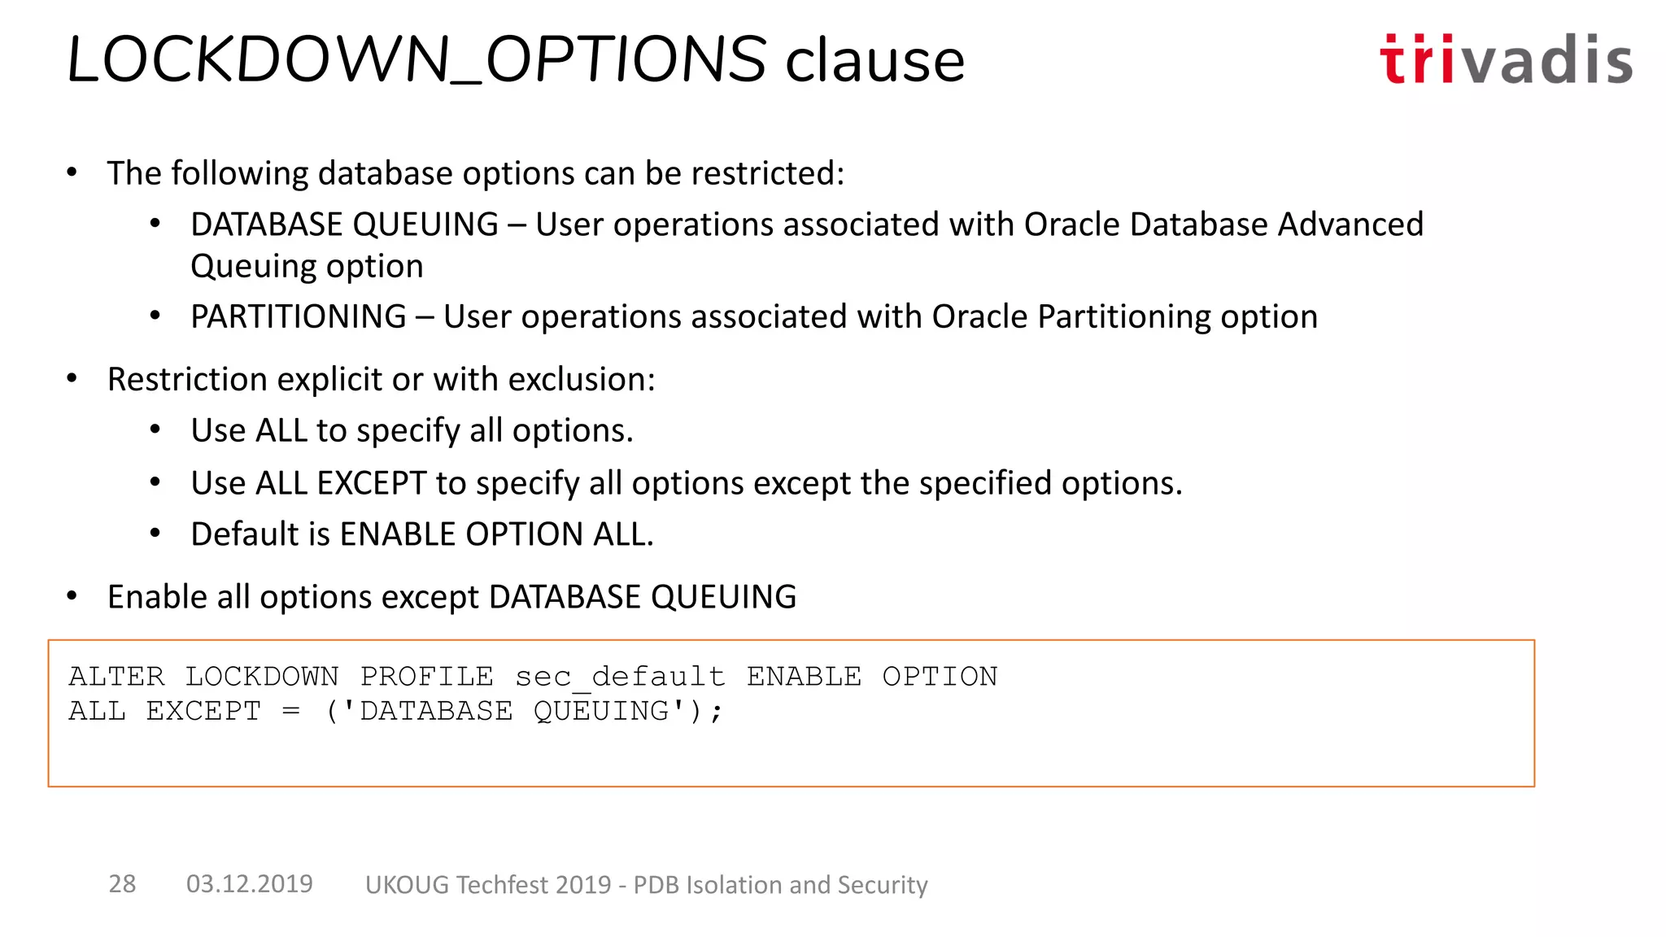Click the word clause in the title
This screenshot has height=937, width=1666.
[874, 61]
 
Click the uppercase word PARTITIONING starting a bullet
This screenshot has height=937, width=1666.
[299, 316]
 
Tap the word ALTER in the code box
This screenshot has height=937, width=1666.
[116, 677]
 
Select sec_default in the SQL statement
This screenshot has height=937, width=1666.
[619, 677]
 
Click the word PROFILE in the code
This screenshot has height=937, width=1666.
[426, 677]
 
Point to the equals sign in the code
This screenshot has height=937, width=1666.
[291, 712]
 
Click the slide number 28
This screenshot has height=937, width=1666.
[122, 884]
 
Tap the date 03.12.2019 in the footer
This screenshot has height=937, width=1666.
[249, 884]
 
